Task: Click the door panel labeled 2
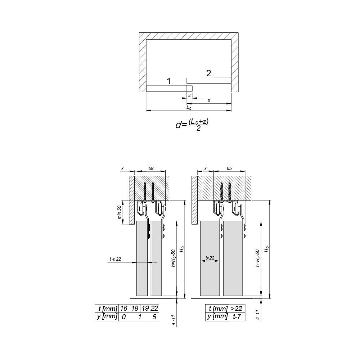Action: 208,80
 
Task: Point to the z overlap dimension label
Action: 189,95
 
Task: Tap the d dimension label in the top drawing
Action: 209,100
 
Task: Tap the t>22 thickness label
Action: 210,258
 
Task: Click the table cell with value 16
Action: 123,309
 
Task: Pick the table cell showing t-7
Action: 237,316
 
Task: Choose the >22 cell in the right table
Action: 237,309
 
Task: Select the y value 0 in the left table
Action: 123,316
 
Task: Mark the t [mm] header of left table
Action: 106,309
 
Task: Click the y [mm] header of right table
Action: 217,316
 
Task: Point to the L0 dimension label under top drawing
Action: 188,107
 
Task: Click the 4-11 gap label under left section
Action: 174,320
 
